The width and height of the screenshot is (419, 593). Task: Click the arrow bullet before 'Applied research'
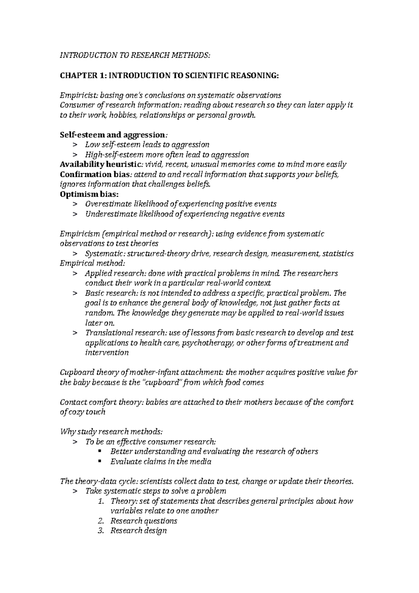click(74, 273)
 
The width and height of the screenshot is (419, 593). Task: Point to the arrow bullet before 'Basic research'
click(74, 293)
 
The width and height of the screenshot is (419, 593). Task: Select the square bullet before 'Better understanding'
click(100, 452)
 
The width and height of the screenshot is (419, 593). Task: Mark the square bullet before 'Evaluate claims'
click(100, 461)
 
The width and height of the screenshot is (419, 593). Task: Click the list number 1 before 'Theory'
click(101, 502)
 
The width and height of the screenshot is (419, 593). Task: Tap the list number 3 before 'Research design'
click(101, 531)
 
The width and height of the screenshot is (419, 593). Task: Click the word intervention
click(107, 353)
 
